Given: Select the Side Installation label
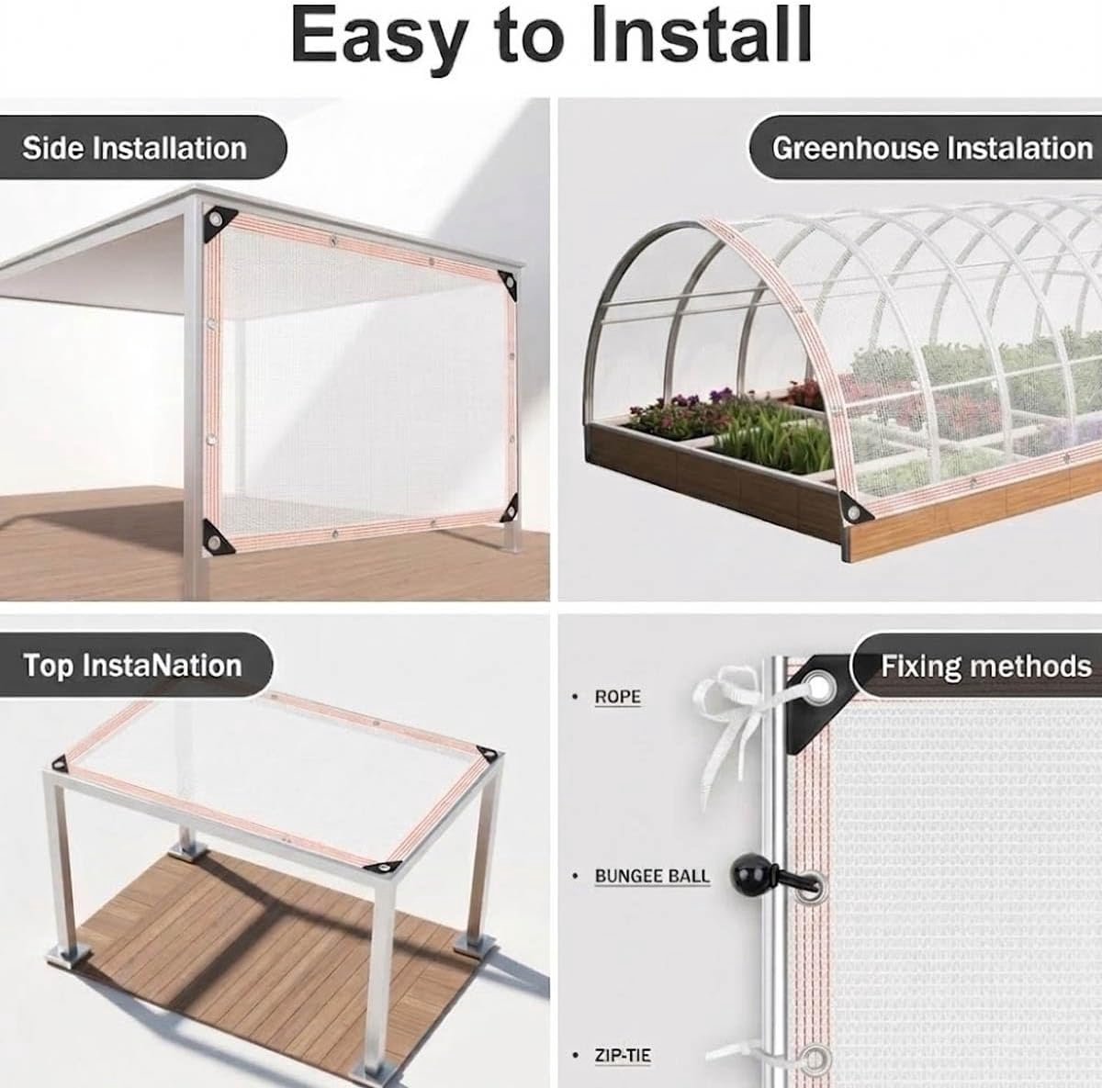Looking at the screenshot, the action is pyautogui.click(x=134, y=148).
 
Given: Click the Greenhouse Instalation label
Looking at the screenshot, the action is pyautogui.click(x=932, y=148).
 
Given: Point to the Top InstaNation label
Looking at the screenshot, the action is pyautogui.click(x=132, y=666).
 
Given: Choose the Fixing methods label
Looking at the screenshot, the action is pyautogui.click(x=986, y=666).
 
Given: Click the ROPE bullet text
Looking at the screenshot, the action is pyautogui.click(x=618, y=697).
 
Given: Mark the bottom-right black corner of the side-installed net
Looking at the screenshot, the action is pyautogui.click(x=509, y=512).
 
